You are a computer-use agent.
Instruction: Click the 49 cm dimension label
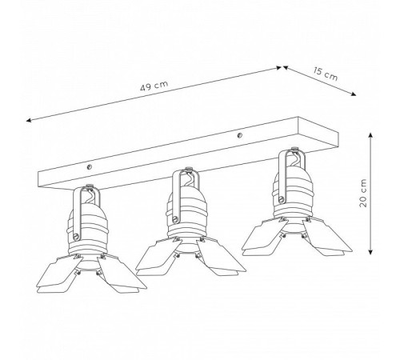click(x=154, y=86)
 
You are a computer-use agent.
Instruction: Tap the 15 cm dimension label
click(x=326, y=74)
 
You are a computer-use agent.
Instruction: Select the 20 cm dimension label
click(x=363, y=193)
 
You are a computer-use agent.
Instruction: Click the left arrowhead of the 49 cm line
click(x=29, y=120)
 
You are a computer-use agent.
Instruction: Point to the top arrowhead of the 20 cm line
click(x=370, y=135)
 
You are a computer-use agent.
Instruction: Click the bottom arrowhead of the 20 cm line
click(x=370, y=252)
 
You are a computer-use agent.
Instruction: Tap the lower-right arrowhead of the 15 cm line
click(x=354, y=94)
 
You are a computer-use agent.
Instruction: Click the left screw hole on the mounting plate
click(x=90, y=167)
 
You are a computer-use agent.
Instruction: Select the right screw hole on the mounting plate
click(x=240, y=135)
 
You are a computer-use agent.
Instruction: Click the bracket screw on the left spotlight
click(x=76, y=236)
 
